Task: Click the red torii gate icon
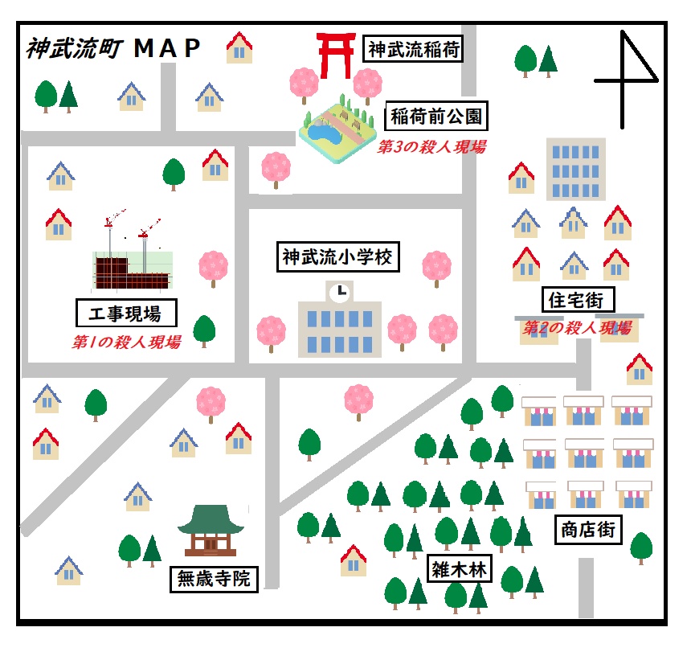(x=335, y=55)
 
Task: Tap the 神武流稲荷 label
(x=414, y=50)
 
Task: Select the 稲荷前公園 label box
(x=438, y=117)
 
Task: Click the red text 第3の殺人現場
(x=431, y=147)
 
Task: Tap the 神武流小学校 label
(x=337, y=257)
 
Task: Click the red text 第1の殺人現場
(x=126, y=342)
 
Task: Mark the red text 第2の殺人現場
(x=577, y=328)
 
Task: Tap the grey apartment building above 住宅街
(x=575, y=168)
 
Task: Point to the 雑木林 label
(x=459, y=569)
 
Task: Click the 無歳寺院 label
(x=214, y=578)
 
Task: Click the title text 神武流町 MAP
(x=113, y=49)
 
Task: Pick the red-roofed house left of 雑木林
(x=354, y=560)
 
